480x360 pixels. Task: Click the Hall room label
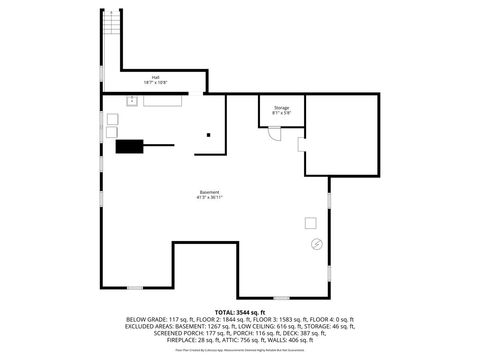[x=156, y=77]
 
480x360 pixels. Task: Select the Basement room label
[x=209, y=192]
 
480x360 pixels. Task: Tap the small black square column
[x=208, y=135]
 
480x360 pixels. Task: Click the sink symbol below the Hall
[x=131, y=100]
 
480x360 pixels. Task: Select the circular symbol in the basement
[x=316, y=243]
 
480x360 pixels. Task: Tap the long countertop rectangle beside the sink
[x=162, y=100]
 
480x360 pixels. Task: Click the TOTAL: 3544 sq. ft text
[x=240, y=312]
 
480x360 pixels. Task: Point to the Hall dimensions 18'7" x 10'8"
[x=156, y=83]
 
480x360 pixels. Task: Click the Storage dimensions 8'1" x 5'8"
[x=281, y=114]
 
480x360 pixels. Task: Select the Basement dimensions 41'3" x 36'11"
[x=209, y=198]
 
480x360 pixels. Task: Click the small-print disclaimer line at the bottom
[x=240, y=351]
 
